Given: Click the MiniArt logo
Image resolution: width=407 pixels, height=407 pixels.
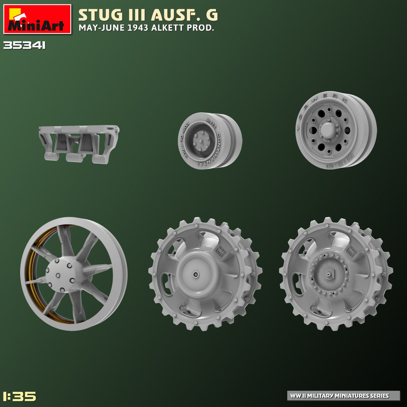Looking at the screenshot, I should (37, 19).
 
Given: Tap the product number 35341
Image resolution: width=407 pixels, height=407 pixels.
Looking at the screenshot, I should (24, 46).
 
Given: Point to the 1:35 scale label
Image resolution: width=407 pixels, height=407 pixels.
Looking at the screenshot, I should (19, 396).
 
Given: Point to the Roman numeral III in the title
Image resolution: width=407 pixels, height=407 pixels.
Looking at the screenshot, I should (137, 15).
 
